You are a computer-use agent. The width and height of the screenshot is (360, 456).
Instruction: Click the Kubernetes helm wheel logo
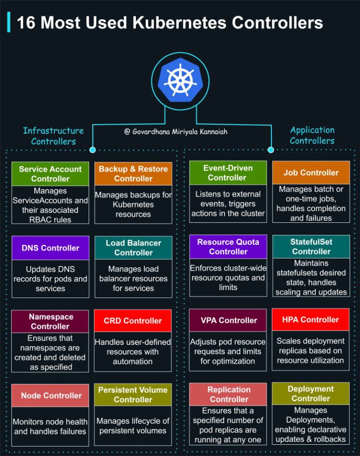pos(180,81)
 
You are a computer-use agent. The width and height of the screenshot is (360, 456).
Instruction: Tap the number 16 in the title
pos(26,23)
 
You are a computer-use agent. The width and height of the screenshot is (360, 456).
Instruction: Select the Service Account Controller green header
pos(50,174)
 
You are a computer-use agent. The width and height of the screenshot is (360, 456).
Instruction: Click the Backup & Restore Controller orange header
pos(134,174)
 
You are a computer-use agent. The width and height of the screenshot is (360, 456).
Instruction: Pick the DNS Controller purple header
pos(50,248)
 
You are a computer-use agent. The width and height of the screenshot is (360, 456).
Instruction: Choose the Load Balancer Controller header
pos(134,248)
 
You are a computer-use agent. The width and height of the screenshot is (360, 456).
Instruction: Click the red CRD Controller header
pos(133,320)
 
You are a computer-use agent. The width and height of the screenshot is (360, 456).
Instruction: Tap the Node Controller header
pos(50,395)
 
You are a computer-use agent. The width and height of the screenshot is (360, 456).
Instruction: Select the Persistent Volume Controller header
pos(133,395)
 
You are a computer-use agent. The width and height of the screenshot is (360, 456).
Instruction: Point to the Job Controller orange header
pos(311,173)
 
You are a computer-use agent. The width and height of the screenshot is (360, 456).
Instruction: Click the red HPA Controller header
pos(310,319)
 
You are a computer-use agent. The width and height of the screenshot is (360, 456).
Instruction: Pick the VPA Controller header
pos(228,320)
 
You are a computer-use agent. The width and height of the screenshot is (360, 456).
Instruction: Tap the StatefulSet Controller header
pos(311,246)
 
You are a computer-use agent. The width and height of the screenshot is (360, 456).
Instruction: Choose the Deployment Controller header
pos(311,394)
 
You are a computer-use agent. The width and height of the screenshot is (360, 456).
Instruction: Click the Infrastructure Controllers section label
pos(53,136)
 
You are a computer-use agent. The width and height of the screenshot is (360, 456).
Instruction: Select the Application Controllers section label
pos(312,135)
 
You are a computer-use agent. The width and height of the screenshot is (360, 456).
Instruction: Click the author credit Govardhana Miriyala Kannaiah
pos(176,132)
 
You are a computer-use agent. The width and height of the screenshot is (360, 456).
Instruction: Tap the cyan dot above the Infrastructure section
pos(92,150)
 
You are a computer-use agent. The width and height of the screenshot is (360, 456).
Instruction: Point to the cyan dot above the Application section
pos(271,150)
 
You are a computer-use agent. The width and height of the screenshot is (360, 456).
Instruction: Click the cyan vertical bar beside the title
pos(9,22)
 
